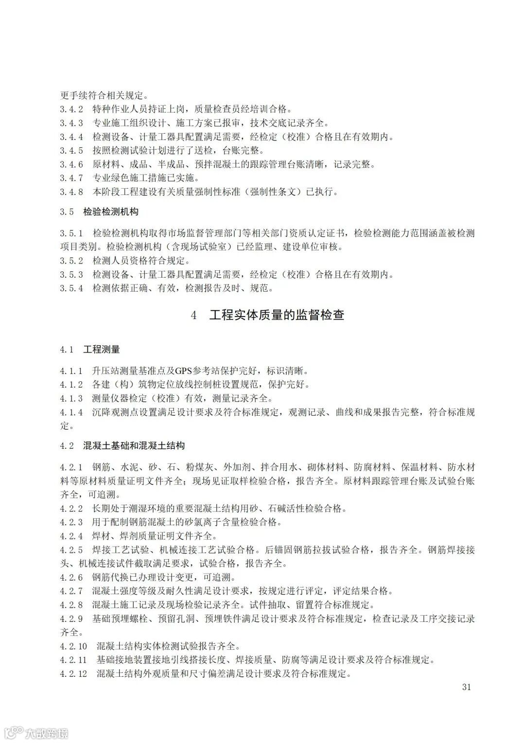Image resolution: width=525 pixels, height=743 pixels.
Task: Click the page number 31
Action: point(467,687)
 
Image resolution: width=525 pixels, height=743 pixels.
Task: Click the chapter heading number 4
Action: point(194,315)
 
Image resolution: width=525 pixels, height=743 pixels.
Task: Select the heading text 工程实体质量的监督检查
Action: point(277,315)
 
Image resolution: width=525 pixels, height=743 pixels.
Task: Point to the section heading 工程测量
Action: point(102,350)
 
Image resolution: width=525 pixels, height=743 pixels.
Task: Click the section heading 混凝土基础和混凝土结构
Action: point(134,445)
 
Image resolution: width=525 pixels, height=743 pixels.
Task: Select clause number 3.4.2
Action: point(71,109)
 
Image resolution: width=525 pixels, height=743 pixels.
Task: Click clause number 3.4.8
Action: point(71,192)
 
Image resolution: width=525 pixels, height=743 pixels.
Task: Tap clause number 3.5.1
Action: point(71,233)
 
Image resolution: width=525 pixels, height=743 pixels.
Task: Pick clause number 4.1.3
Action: point(71,398)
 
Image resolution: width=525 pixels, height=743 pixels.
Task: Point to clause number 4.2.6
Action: point(71,577)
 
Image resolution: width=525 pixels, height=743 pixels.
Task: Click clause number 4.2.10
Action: point(73,646)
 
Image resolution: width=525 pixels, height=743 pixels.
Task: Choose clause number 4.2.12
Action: point(73,673)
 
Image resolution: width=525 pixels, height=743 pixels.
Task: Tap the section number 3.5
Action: point(67,212)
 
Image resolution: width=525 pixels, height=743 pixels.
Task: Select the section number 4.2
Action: point(67,445)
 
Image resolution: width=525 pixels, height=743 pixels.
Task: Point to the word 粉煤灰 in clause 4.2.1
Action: point(199,467)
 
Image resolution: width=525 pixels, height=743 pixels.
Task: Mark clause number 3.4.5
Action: point(71,150)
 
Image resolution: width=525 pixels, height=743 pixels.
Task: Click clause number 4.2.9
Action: point(71,619)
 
